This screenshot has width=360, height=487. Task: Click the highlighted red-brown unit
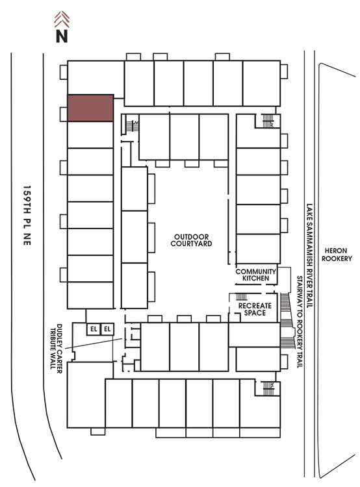[90, 108]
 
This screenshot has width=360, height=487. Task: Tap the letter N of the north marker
[62, 36]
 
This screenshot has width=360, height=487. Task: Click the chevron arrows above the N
[62, 19]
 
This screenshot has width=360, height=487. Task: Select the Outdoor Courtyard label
[191, 240]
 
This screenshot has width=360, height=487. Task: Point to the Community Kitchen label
[256, 275]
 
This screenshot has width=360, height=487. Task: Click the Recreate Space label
[255, 309]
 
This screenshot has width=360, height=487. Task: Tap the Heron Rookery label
[337, 255]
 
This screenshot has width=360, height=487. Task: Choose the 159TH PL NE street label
[27, 216]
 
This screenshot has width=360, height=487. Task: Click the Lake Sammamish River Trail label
[309, 256]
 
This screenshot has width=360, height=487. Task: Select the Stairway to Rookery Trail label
[300, 322]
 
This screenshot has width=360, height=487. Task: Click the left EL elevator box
[94, 329]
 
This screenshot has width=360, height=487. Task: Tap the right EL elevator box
[107, 329]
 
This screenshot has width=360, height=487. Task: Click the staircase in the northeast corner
[268, 121]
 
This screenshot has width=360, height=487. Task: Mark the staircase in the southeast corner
[268, 388]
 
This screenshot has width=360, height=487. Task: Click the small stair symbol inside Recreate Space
[242, 297]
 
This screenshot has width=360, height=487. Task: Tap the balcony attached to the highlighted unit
[64, 114]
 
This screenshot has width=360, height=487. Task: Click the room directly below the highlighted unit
[90, 135]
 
